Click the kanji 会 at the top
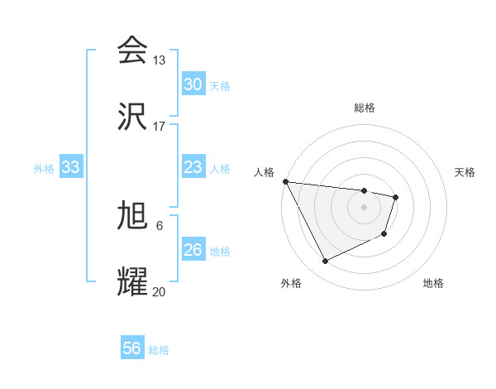pyautogui.click(x=132, y=50)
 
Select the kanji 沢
pyautogui.click(x=132, y=117)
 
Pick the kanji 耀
pyautogui.click(x=132, y=282)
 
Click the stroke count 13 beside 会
pyautogui.click(x=159, y=60)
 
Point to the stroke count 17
pyautogui.click(x=159, y=127)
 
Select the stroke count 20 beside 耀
pyautogui.click(x=159, y=291)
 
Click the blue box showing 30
pyautogui.click(x=193, y=84)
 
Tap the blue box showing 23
pyautogui.click(x=193, y=167)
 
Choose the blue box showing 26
pyautogui.click(x=193, y=250)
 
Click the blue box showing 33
pyautogui.click(x=70, y=167)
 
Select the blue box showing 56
pyautogui.click(x=131, y=348)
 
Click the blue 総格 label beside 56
pyautogui.click(x=159, y=350)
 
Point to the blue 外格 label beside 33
pyautogui.click(x=44, y=169)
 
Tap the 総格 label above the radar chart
pyautogui.click(x=365, y=108)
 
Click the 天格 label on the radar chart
pyautogui.click(x=465, y=172)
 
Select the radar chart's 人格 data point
pyautogui.click(x=285, y=181)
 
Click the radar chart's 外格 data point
pyautogui.click(x=325, y=262)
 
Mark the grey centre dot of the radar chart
pyautogui.click(x=365, y=207)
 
